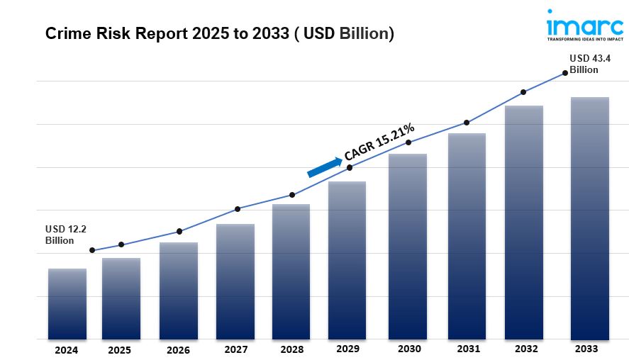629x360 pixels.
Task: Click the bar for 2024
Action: coord(67,304)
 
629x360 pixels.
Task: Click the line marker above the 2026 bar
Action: coord(179,232)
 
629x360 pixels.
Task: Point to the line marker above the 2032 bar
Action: coord(523,92)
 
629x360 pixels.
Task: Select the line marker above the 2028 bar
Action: coord(293,195)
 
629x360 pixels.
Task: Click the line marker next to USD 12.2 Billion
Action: coord(92,250)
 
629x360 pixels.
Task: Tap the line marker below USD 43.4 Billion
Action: coord(565,72)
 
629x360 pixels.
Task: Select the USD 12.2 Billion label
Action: coord(65,235)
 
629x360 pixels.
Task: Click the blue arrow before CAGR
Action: coord(324,167)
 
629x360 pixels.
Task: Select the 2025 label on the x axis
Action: coord(121,350)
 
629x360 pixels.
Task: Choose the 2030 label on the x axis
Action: coord(409,349)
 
